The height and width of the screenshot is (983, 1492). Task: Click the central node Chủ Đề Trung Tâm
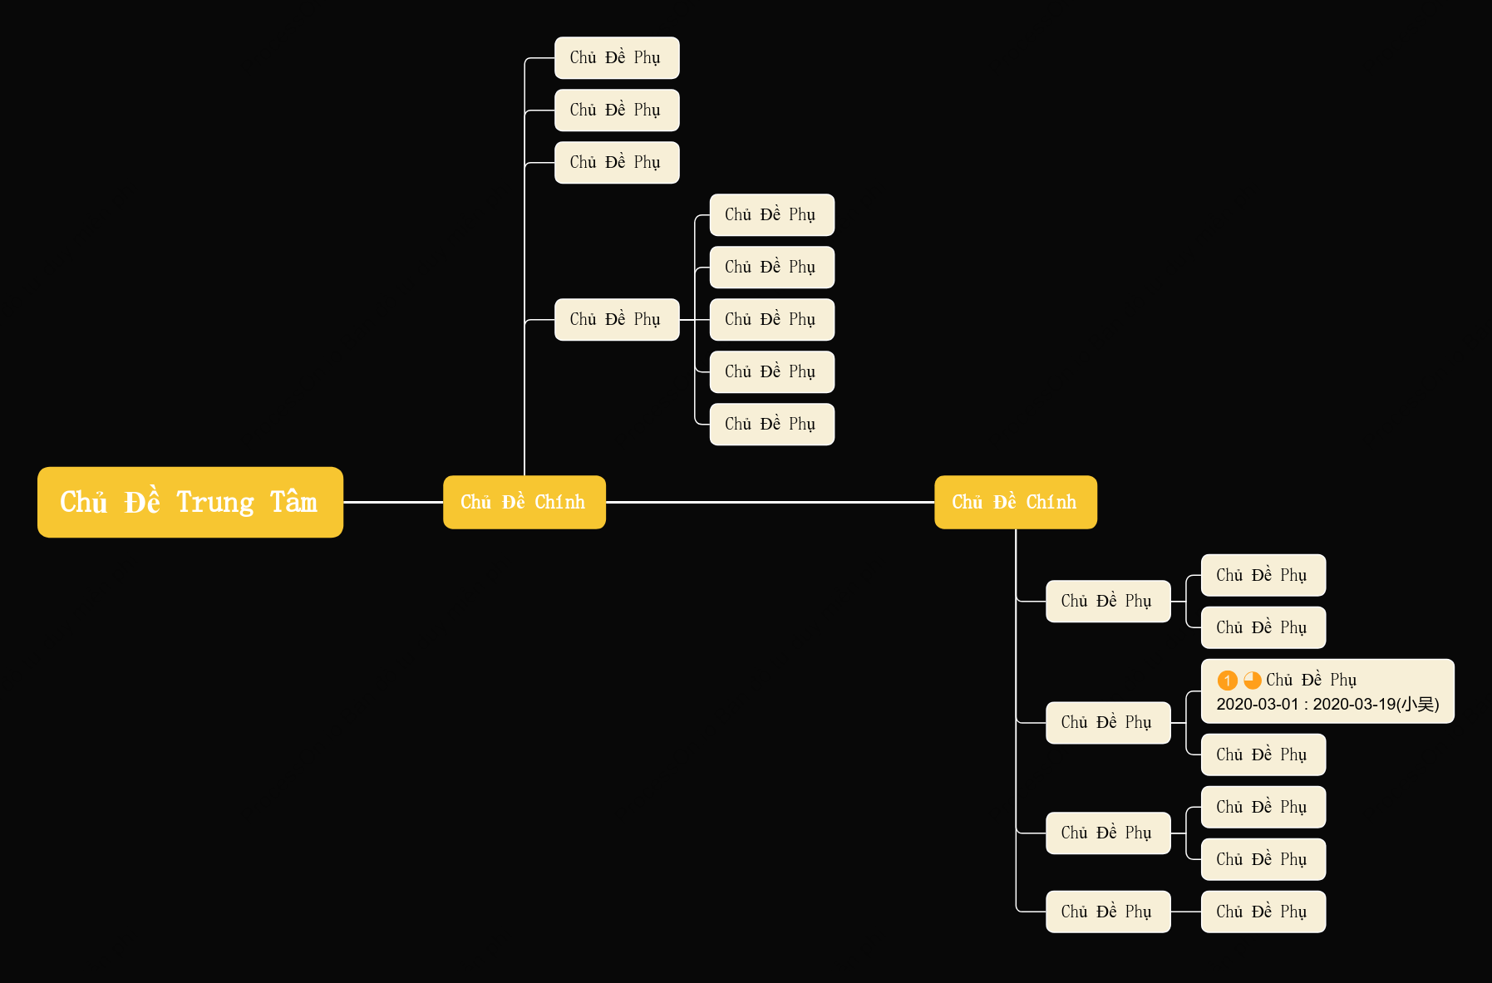(x=190, y=502)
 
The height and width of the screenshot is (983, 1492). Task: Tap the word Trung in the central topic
(x=215, y=503)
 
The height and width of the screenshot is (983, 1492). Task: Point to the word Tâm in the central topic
(x=293, y=501)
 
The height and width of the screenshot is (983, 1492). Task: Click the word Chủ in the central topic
(x=84, y=501)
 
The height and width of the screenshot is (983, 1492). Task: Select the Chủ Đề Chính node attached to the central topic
(x=524, y=502)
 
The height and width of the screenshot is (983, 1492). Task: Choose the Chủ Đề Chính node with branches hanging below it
(x=1016, y=502)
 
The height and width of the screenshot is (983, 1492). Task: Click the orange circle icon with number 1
(x=1228, y=681)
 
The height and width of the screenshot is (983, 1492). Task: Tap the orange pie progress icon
(x=1253, y=681)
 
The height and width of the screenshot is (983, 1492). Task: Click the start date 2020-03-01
(x=1258, y=705)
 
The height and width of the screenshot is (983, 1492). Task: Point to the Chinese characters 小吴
(x=1418, y=705)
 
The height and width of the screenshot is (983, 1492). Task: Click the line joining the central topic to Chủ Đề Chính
(x=393, y=502)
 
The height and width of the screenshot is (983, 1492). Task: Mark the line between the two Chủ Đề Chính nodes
(x=770, y=502)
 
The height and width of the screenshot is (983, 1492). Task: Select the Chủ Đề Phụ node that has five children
(x=617, y=319)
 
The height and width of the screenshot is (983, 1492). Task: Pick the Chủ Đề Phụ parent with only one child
(x=1108, y=912)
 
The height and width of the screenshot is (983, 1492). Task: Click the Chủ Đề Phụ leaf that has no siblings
(x=1263, y=912)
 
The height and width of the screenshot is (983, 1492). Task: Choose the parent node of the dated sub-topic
(x=1108, y=722)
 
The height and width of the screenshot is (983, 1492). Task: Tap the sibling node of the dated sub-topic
(x=1263, y=754)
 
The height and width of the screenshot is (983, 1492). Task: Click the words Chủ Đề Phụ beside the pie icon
(x=1311, y=681)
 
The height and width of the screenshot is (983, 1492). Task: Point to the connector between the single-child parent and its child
(x=1186, y=912)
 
